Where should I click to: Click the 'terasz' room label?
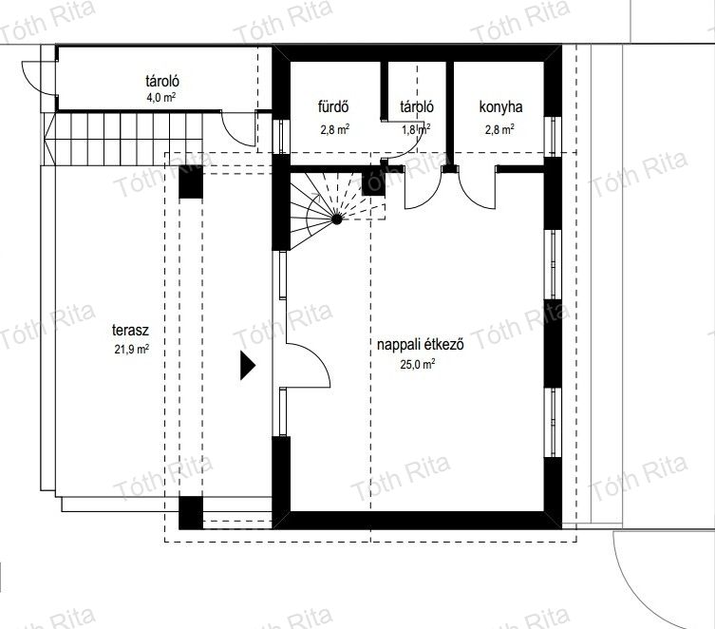(130, 331)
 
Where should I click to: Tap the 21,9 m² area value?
(132, 350)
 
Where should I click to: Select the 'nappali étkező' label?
(421, 344)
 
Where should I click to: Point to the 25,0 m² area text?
(417, 364)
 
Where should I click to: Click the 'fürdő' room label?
(334, 106)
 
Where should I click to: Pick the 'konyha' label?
(500, 107)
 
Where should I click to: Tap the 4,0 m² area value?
(161, 98)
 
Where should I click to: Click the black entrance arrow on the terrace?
(248, 366)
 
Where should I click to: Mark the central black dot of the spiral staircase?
(336, 219)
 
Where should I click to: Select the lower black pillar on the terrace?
(191, 513)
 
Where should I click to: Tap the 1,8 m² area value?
(416, 129)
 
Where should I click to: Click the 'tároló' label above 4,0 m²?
(162, 81)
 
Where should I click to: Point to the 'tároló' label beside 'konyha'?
(417, 107)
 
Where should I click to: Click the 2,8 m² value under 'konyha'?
(499, 129)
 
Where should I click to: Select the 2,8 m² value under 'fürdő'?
(335, 129)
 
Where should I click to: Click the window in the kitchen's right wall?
(554, 137)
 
